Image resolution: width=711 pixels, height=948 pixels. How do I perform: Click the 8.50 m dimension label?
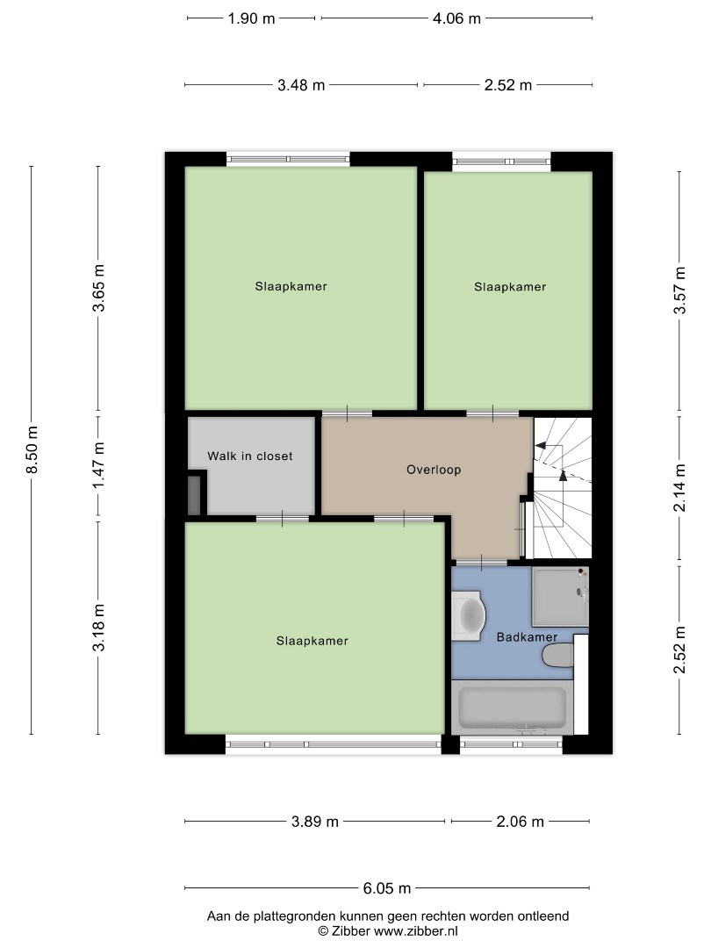(x=32, y=449)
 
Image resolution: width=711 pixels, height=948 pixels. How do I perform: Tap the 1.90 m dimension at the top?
(x=252, y=18)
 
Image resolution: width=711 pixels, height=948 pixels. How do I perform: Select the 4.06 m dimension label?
(x=456, y=18)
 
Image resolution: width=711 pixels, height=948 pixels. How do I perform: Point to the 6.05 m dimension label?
(x=387, y=888)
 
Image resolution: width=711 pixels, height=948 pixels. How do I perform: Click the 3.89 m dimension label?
(x=315, y=822)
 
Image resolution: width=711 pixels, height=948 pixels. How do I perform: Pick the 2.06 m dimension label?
(x=520, y=822)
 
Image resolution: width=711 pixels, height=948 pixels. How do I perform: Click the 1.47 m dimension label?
(x=98, y=465)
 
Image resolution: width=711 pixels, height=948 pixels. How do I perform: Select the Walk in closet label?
(x=249, y=456)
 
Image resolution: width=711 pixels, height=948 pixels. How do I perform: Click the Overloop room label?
(x=434, y=470)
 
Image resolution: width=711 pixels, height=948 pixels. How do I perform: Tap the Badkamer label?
(x=527, y=637)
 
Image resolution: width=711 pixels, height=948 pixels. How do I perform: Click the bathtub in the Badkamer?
(x=513, y=708)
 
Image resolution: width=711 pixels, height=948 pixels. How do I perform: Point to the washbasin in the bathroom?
(x=469, y=615)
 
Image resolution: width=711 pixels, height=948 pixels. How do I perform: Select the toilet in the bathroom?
(x=557, y=656)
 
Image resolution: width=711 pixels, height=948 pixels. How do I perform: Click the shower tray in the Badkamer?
(x=560, y=597)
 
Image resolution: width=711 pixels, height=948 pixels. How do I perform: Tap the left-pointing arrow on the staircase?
(x=549, y=446)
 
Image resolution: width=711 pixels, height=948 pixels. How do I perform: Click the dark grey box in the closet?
(x=194, y=496)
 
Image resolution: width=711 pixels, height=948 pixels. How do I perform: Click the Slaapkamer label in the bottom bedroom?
(x=312, y=641)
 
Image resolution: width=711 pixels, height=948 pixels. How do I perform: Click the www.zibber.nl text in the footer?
(x=416, y=931)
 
